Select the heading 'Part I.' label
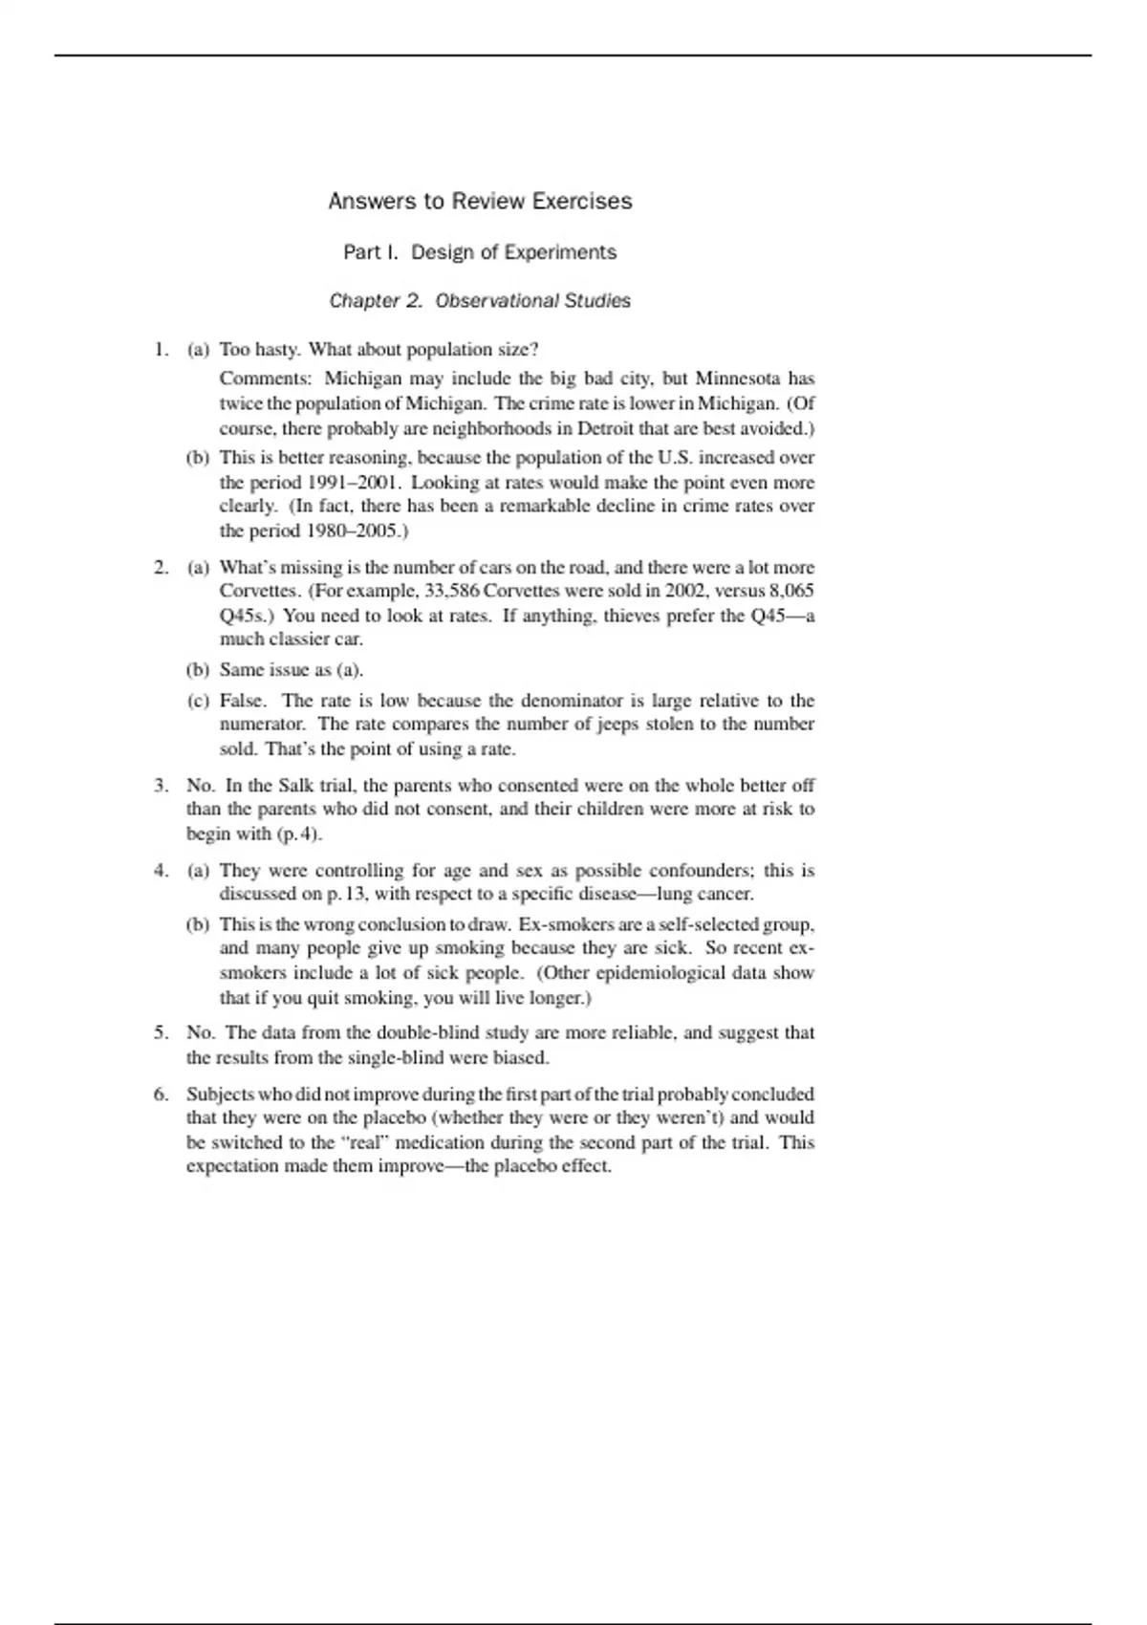click(x=371, y=252)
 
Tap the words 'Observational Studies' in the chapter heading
click(x=532, y=301)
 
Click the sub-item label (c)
click(x=198, y=701)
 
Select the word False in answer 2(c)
click(x=242, y=701)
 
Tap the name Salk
click(x=295, y=786)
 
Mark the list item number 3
click(x=161, y=786)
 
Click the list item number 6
click(x=161, y=1094)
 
